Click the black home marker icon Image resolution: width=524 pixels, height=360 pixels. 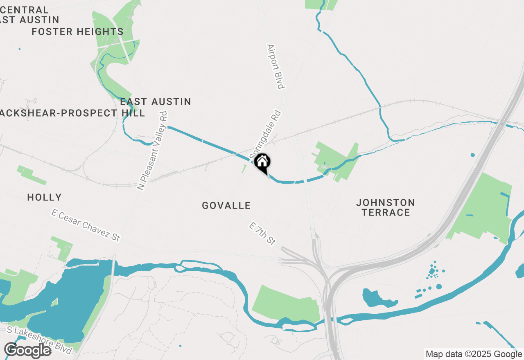(262, 162)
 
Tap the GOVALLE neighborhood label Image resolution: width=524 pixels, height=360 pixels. (226, 205)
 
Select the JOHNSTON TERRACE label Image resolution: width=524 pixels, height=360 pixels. (385, 207)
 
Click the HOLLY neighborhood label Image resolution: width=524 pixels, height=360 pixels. (44, 198)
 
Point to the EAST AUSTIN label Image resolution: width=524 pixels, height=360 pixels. (156, 101)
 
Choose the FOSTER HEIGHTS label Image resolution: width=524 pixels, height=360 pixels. (77, 32)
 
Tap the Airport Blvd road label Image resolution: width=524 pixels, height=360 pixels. (275, 66)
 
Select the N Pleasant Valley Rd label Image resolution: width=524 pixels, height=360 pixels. (153, 150)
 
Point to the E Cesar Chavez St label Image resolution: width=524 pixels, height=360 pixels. (86, 225)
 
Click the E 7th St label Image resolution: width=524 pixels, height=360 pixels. (262, 234)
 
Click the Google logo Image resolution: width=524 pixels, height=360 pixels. (27, 351)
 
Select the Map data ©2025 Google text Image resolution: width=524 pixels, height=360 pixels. (474, 354)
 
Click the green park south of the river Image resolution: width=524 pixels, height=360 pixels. (287, 303)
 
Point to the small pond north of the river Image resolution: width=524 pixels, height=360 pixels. (379, 298)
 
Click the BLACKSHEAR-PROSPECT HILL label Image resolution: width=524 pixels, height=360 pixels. (72, 113)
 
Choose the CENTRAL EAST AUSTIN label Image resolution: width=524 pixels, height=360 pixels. (29, 15)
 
